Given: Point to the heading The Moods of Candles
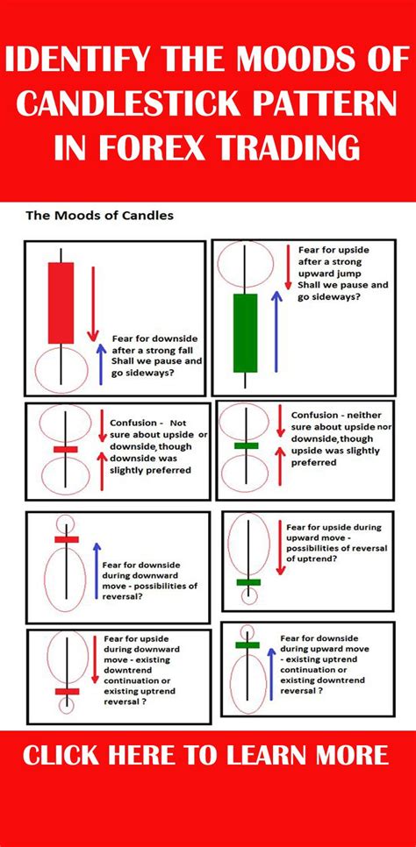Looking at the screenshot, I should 98,215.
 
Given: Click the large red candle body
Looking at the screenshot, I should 61,303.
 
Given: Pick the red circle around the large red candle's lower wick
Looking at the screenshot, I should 60,369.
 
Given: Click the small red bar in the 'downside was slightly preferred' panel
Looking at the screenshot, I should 66,450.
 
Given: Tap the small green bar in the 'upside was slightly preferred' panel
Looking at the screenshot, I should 247,445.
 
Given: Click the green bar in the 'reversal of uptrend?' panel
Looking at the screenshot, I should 248,580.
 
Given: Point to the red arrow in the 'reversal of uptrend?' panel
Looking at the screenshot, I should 277,548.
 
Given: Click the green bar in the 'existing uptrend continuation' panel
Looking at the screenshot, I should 247,644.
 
